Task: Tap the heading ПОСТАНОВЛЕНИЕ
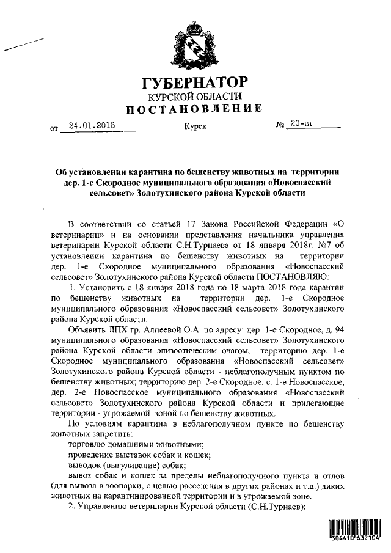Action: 195,109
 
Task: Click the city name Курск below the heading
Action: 195,127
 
